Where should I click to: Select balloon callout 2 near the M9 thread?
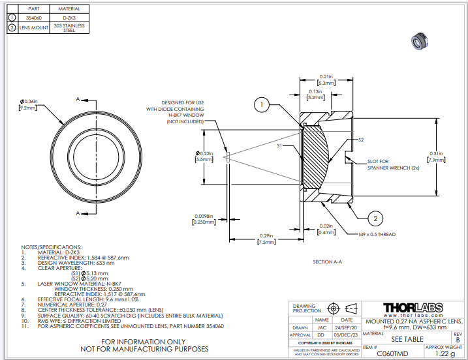[376, 218]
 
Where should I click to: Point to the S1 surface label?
[279, 146]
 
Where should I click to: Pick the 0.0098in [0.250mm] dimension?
[204, 219]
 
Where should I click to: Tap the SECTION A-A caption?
[328, 262]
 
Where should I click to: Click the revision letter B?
[457, 340]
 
